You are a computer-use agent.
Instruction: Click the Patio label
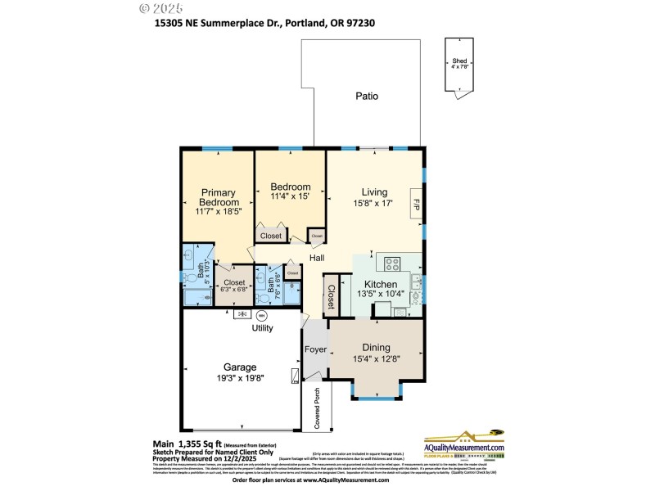click(x=367, y=96)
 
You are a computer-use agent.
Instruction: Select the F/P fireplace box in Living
click(x=416, y=202)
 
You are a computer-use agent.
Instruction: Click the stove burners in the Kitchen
click(x=392, y=264)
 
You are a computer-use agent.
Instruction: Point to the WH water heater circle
click(x=263, y=314)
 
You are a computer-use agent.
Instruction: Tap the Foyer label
click(x=315, y=349)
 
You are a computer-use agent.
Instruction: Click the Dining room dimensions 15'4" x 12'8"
click(x=376, y=358)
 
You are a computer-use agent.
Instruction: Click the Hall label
click(x=318, y=259)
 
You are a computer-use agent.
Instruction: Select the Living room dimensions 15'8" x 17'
click(x=374, y=203)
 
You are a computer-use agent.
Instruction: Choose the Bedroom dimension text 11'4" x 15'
click(x=291, y=196)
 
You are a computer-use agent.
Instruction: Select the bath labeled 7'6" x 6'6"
click(x=266, y=287)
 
